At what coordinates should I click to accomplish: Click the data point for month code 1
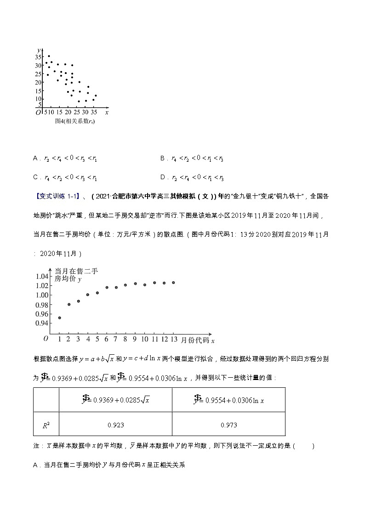point(60,318)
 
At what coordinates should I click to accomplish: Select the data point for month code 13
point(173,283)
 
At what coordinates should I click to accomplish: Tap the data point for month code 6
point(107,288)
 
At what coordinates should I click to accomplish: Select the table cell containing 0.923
point(115,425)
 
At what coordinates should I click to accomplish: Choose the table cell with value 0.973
point(228,425)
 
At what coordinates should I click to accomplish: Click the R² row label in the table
point(46,425)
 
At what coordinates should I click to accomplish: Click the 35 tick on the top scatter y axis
point(38,57)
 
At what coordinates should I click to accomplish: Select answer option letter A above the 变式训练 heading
point(36,159)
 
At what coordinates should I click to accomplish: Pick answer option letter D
point(163,178)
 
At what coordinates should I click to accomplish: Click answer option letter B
point(163,159)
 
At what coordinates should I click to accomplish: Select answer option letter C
point(36,178)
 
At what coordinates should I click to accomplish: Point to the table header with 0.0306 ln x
point(228,399)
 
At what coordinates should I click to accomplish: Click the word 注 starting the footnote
point(36,446)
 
